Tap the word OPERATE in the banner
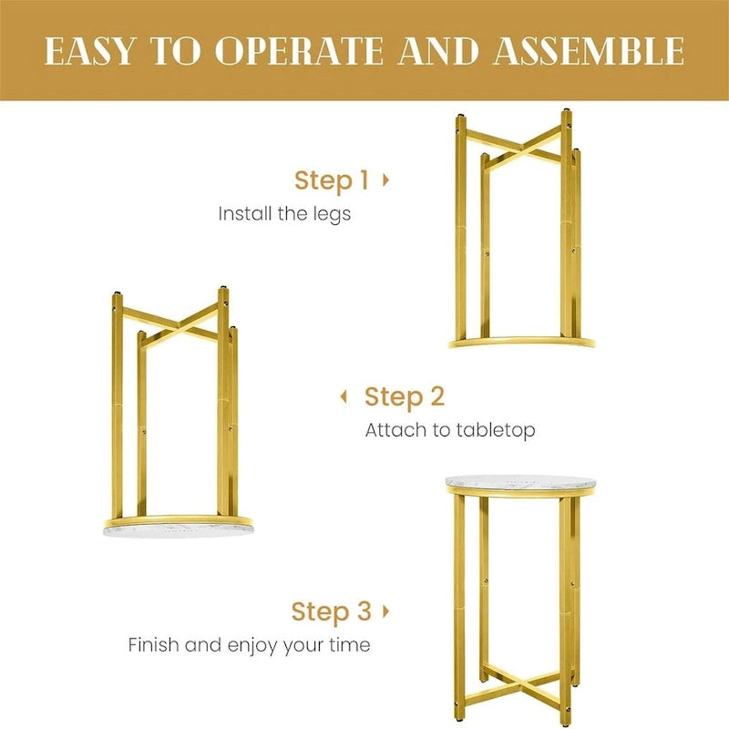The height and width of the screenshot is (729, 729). point(300,51)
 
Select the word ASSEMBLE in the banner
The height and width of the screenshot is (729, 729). point(589,51)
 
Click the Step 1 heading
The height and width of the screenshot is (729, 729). point(332,180)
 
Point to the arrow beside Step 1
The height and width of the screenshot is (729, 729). point(385,180)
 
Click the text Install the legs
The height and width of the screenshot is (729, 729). point(284,214)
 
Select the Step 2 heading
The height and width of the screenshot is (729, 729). point(405,397)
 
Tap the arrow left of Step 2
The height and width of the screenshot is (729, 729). point(344,396)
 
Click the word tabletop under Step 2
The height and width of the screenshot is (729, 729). point(496,430)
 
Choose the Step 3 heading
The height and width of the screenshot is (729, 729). point(332,611)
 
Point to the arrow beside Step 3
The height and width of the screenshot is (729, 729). point(385,611)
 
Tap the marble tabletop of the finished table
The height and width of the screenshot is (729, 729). point(520,482)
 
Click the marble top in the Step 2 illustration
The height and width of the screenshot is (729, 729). point(178,530)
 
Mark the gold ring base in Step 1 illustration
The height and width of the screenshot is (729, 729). point(521,343)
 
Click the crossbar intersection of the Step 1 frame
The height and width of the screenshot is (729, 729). point(521,149)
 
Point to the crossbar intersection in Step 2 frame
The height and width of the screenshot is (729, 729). point(178,327)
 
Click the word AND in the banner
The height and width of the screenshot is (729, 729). point(438,51)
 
